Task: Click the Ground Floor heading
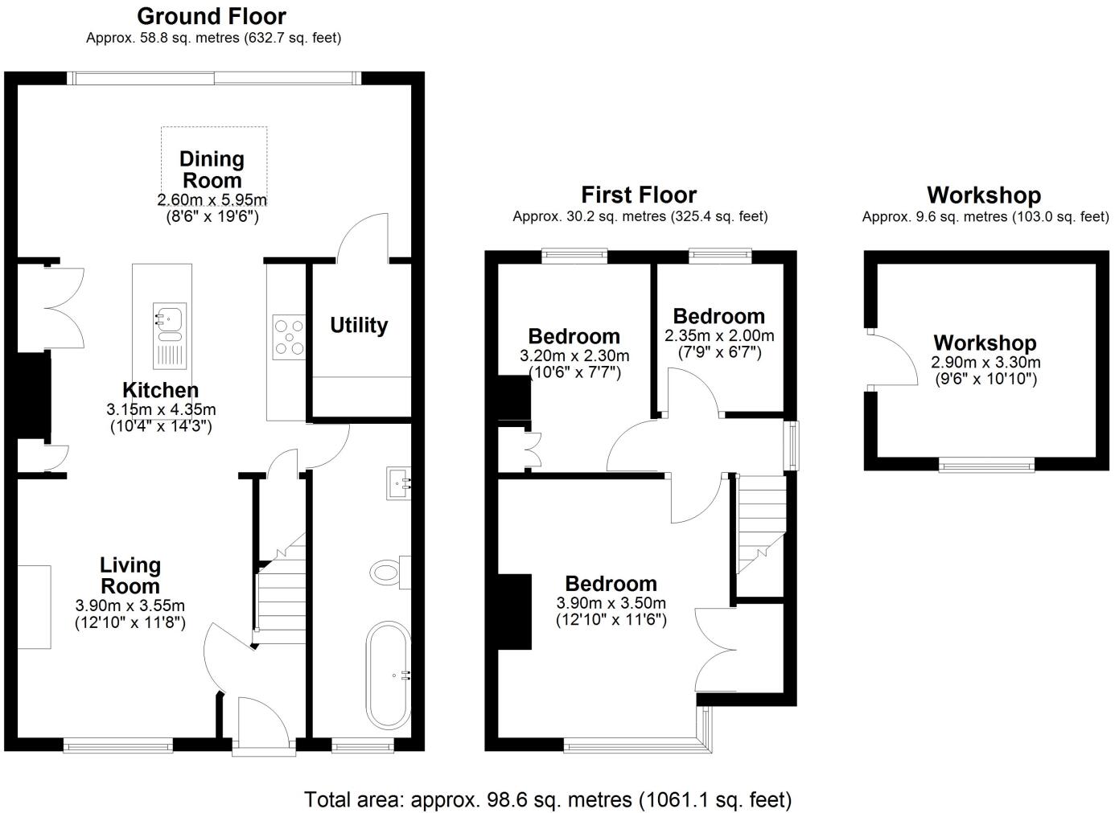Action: (212, 16)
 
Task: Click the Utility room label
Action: (359, 326)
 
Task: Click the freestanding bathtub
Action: (389, 675)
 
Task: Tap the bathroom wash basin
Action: (399, 483)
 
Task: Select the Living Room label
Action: (130, 576)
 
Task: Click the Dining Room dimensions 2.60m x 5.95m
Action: (212, 200)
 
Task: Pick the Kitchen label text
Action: (161, 391)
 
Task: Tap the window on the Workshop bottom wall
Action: (987, 464)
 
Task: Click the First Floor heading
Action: (639, 195)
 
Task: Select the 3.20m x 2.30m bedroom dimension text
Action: (574, 355)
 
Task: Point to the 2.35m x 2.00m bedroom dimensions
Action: (719, 336)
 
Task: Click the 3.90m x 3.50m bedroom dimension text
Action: (611, 603)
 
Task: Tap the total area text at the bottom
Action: (548, 799)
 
